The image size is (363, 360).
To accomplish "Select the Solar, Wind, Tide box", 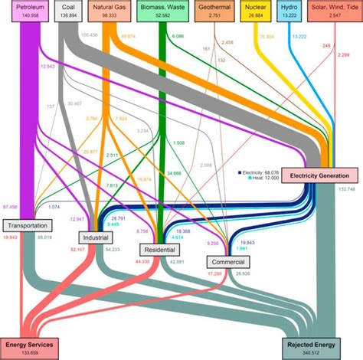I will pyautogui.click(x=335, y=10).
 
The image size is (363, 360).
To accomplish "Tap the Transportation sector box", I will pyautogui.click(x=29, y=225).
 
